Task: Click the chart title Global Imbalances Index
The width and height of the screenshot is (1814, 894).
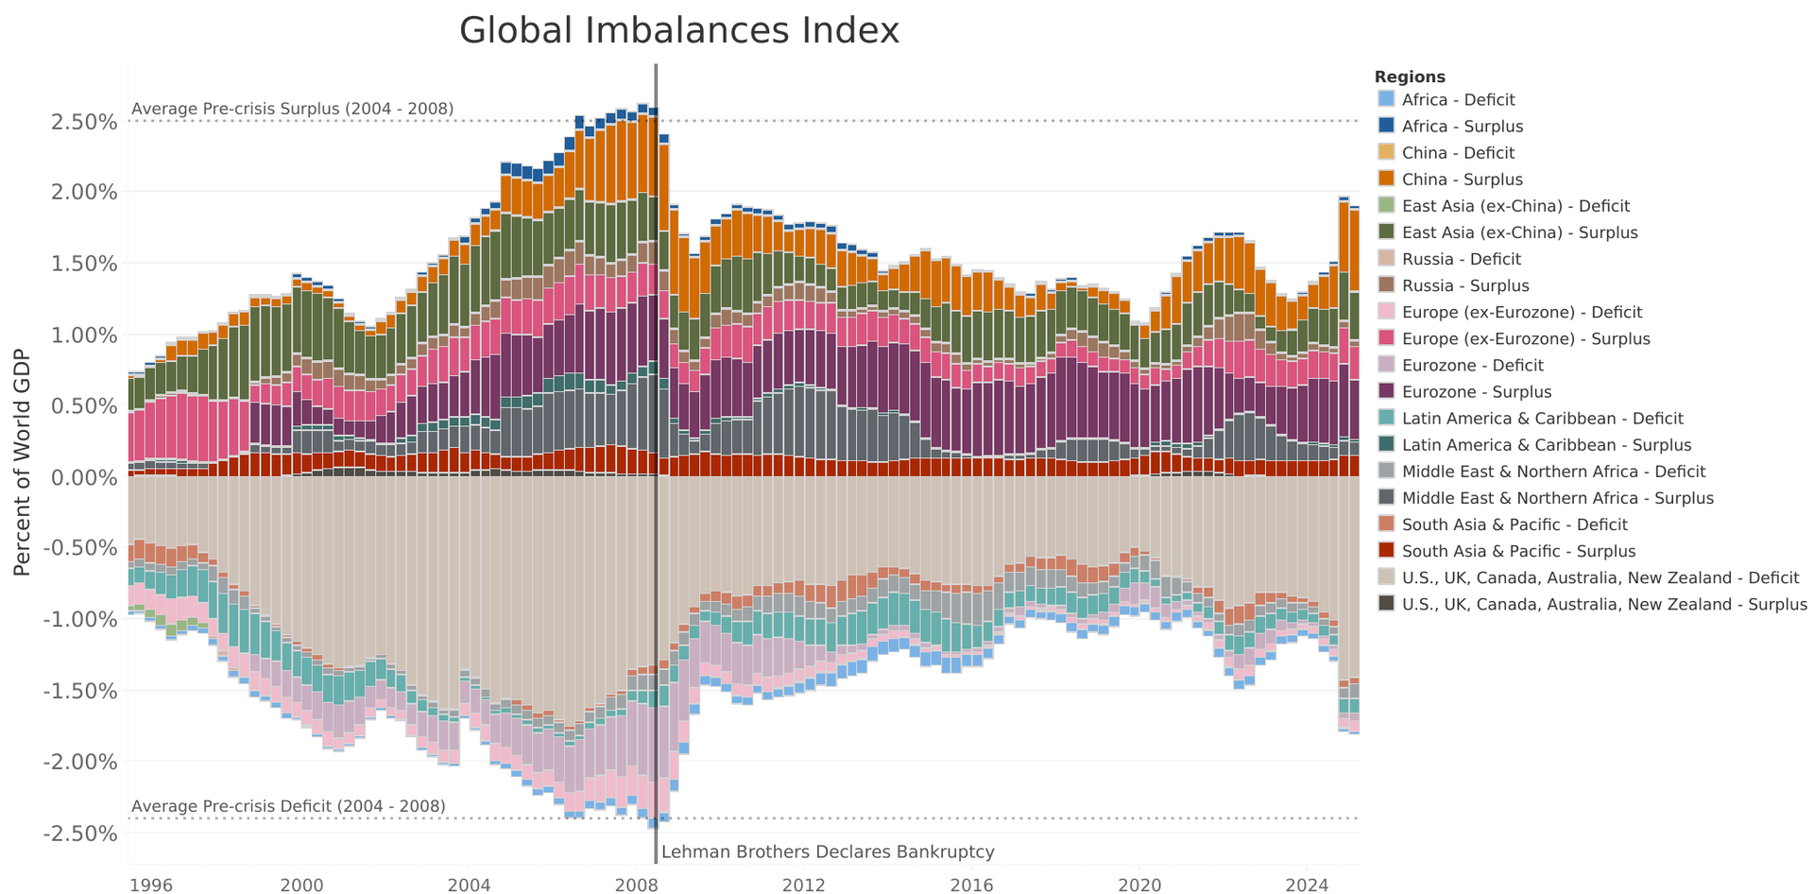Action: (678, 31)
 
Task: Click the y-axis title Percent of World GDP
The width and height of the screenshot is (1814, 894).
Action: (23, 462)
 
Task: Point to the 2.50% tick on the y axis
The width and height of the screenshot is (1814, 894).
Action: (82, 122)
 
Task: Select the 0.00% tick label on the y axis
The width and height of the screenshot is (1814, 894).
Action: (82, 477)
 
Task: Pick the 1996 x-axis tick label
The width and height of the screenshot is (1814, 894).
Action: (150, 885)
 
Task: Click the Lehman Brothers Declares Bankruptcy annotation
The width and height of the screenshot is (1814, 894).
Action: (828, 852)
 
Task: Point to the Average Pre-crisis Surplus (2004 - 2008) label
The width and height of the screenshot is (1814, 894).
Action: (292, 109)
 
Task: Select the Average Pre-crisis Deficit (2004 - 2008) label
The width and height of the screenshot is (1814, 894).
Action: (288, 806)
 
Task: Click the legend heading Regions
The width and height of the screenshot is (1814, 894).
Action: (1410, 77)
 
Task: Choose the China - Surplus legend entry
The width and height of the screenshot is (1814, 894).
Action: (1462, 180)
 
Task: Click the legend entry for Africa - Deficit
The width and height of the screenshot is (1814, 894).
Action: (1458, 100)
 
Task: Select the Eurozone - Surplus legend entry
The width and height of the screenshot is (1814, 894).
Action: (1476, 392)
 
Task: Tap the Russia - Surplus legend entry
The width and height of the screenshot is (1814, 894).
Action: (1464, 285)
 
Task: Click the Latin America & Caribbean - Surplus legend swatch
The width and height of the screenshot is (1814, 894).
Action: (1386, 445)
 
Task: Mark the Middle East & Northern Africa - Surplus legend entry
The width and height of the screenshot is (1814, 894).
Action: (1557, 498)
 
